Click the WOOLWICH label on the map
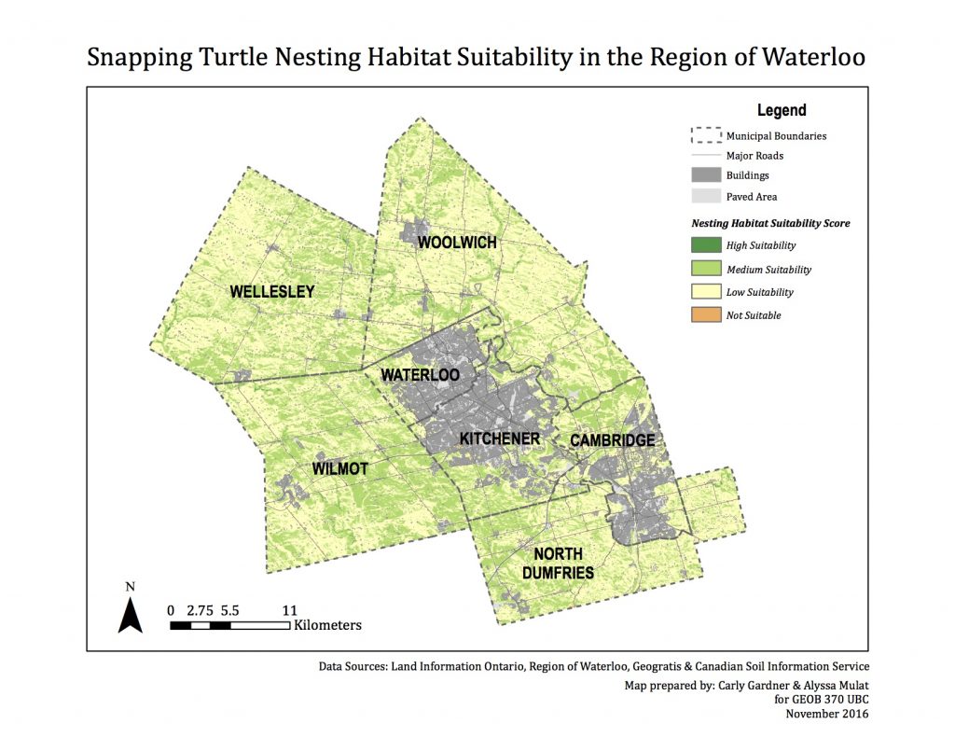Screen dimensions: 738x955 [x=457, y=244]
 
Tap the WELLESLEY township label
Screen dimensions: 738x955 [x=272, y=292]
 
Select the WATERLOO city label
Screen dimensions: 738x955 [x=420, y=375]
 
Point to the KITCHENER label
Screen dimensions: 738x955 [x=500, y=439]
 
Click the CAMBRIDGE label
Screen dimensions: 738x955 [x=612, y=440]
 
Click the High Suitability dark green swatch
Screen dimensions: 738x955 [x=706, y=245]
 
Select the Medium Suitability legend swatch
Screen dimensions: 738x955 [x=706, y=269]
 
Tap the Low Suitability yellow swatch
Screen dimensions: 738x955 [x=706, y=292]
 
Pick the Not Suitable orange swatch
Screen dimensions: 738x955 [x=706, y=315]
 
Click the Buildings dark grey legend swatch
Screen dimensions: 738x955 [x=706, y=174]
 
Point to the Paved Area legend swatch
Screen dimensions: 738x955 [x=706, y=197]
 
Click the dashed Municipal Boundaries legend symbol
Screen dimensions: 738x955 [x=706, y=135]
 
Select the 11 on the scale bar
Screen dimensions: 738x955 [x=289, y=609]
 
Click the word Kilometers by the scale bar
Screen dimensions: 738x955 [x=327, y=625]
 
